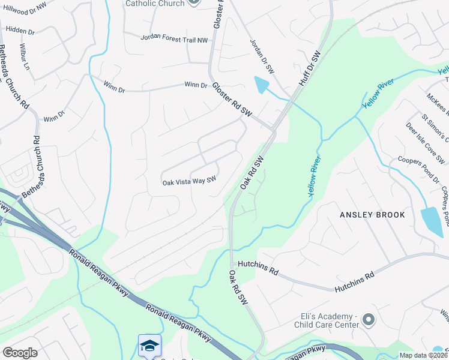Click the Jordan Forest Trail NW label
click(173, 38)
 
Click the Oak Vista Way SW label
click(189, 182)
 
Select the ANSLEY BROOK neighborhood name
click(372, 215)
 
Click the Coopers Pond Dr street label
click(418, 168)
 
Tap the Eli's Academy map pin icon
click(369, 319)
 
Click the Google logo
click(20, 353)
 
